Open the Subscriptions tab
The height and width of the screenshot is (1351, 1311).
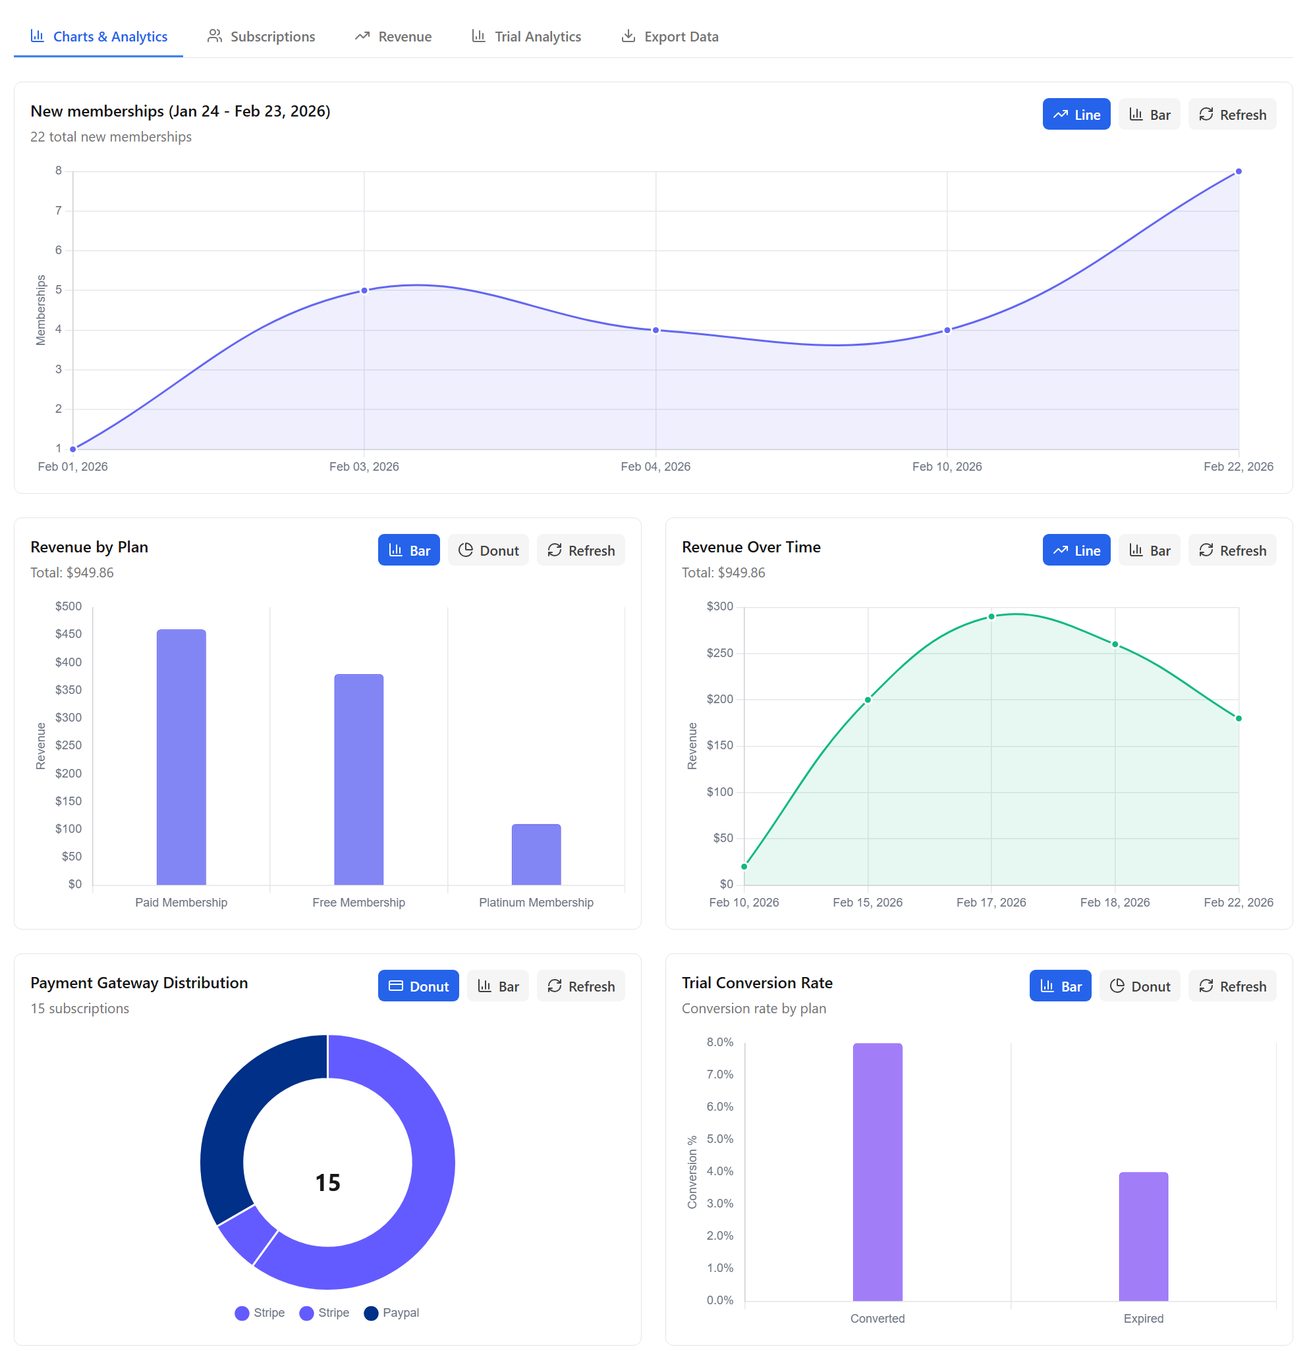coord(262,36)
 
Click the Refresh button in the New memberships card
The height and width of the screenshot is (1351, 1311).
coord(1232,115)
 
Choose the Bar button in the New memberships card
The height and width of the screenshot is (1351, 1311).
coord(1149,115)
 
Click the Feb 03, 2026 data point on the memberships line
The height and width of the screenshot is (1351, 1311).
coord(364,290)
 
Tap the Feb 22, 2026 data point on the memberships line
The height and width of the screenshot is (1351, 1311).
coord(1239,172)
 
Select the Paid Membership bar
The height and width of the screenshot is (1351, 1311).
coord(181,758)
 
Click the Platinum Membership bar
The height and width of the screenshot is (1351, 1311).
coord(536,855)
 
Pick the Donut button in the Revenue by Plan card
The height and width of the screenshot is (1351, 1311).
coord(488,550)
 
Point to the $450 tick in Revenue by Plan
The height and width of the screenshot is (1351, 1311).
coord(69,634)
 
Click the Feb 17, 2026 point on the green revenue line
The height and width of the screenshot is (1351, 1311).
coord(991,616)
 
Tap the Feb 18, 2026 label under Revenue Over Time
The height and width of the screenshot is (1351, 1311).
coord(1115,902)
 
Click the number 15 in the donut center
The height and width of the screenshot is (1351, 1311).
coord(327,1183)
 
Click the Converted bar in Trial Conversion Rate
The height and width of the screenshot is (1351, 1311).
coord(878,1172)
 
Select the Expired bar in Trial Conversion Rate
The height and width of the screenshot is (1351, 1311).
coord(1144,1237)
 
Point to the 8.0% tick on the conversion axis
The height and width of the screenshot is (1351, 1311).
coord(719,1042)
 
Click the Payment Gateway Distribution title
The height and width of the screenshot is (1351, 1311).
coord(139,982)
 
